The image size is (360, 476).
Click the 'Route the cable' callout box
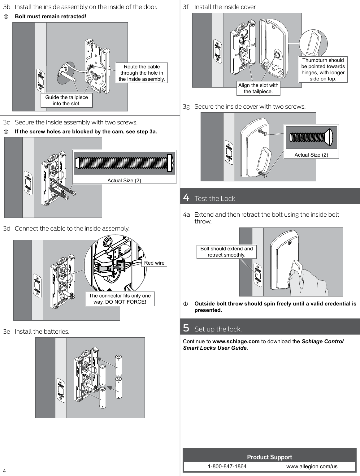coord(142,73)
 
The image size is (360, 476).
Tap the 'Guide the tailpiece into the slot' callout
coord(67,100)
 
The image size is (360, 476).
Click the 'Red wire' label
coord(154,263)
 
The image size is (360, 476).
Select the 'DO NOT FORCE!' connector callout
coord(120,299)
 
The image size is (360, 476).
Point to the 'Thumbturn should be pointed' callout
coord(323,69)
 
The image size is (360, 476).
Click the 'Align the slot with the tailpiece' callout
coord(258,88)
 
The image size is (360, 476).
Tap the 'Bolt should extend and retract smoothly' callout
coord(227,252)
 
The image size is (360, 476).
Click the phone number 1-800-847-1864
coord(227,466)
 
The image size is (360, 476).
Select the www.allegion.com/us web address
coord(312,466)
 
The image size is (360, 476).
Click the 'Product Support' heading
coord(269,457)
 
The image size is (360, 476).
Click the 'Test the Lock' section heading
coord(215,198)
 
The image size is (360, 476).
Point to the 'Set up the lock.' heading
coord(218,329)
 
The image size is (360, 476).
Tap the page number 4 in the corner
coord(5,471)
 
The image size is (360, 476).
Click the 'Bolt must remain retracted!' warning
coord(51,16)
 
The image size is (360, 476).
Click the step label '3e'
coord(7,331)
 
